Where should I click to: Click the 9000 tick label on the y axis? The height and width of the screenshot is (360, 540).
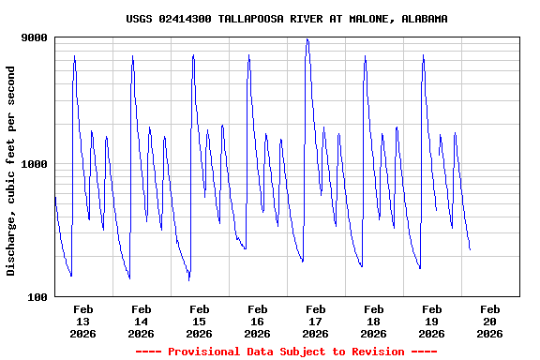pos(35,37)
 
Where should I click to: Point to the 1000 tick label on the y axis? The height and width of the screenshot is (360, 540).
pos(35,165)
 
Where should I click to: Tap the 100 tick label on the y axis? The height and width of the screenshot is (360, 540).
pos(37,297)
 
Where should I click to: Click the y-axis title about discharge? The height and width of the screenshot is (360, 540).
pos(11,171)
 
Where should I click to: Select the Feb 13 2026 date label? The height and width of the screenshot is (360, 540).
pos(82,321)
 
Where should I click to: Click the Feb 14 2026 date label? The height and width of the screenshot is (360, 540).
pos(141,321)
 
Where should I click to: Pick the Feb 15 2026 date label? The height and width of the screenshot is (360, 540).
pos(199,321)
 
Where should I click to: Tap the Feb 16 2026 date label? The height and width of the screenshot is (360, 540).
pos(257,321)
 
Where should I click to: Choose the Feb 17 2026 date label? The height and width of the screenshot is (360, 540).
pos(315,321)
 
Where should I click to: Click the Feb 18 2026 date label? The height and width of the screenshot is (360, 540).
pos(373,321)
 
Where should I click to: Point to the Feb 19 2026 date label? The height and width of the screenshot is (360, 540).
pos(431,321)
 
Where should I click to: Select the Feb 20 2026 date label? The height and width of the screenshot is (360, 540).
pos(489,321)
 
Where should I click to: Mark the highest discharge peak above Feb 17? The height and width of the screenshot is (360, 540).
pos(307,39)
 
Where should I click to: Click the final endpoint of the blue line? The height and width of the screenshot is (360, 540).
pos(470,250)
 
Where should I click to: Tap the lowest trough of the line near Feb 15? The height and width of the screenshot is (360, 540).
pos(188,279)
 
